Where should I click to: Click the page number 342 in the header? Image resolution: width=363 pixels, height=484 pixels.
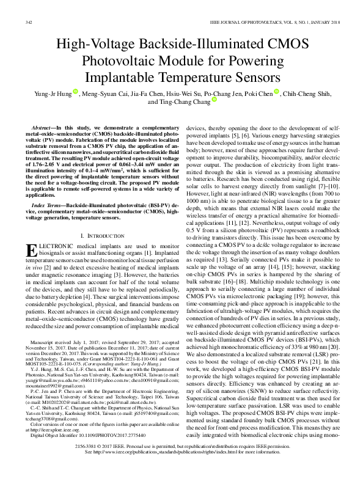point(28,23)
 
